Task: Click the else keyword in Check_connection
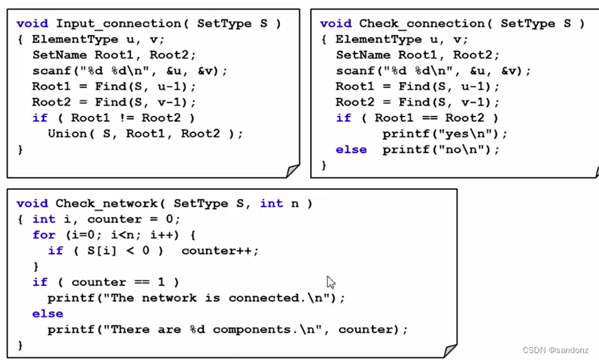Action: pyautogui.click(x=351, y=149)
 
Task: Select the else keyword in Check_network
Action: pyautogui.click(x=47, y=313)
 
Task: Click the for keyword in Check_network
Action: pyautogui.click(x=43, y=235)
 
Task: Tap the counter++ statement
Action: pyautogui.click(x=220, y=250)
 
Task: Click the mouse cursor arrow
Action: pyautogui.click(x=331, y=282)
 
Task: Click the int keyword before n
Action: pyautogui.click(x=271, y=203)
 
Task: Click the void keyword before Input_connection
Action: pyautogui.click(x=32, y=23)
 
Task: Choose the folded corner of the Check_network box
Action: pyautogui.click(x=449, y=350)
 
